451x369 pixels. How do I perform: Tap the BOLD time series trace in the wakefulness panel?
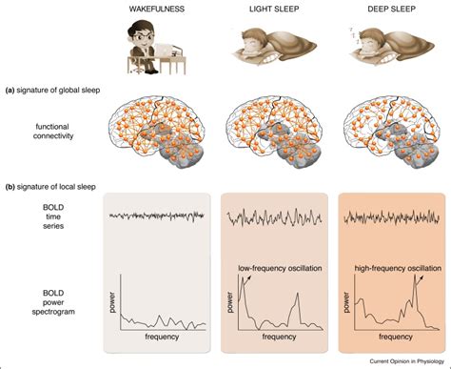point(158,216)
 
